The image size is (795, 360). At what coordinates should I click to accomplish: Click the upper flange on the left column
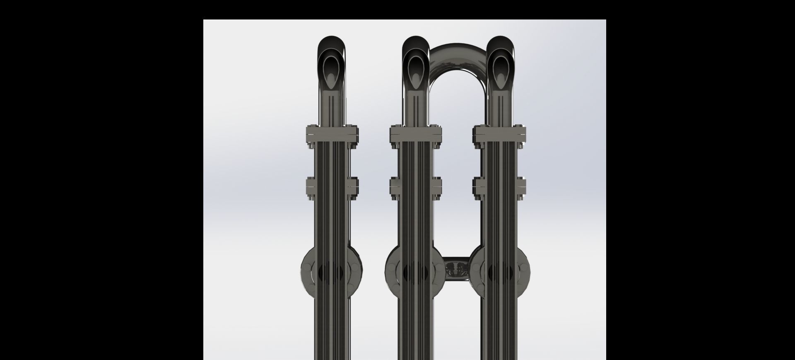(x=332, y=133)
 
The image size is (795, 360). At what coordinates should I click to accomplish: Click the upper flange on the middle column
(x=416, y=133)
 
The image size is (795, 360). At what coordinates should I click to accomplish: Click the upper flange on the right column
(x=500, y=133)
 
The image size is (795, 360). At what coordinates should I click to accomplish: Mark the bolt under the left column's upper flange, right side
(x=352, y=145)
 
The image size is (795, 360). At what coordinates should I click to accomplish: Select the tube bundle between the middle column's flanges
(x=416, y=162)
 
